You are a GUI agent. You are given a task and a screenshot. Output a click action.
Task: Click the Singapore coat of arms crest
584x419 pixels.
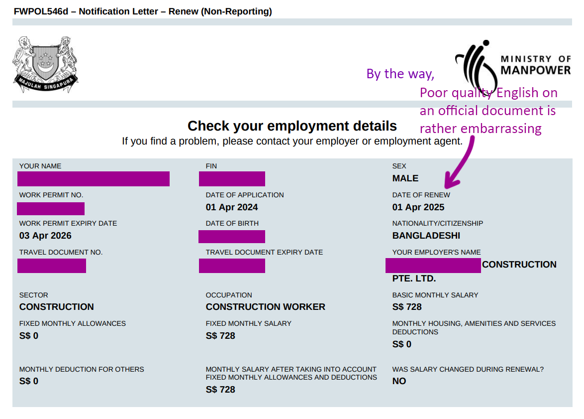click(x=45, y=64)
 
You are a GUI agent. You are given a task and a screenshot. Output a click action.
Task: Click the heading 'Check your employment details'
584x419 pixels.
click(x=292, y=126)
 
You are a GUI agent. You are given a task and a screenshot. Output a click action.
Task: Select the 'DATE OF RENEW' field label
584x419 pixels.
click(x=421, y=195)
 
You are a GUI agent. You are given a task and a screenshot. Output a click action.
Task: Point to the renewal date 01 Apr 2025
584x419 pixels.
click(x=418, y=207)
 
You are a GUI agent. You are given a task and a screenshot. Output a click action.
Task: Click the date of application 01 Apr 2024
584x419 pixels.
click(x=232, y=207)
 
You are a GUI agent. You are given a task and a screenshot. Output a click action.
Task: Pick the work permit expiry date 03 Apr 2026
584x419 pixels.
click(x=45, y=236)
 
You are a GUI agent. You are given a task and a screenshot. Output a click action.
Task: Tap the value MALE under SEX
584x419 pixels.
click(x=405, y=178)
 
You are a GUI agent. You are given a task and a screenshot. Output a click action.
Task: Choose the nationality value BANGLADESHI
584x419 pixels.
click(x=426, y=236)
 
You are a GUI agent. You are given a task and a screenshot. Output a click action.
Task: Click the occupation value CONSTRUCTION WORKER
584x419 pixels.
click(x=265, y=307)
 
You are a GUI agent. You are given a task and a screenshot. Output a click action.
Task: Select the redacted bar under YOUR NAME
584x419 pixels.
click(x=94, y=179)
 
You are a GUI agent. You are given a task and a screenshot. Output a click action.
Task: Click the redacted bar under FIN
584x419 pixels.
click(x=232, y=179)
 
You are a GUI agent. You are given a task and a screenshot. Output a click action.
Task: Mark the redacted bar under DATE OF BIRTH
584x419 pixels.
click(x=232, y=237)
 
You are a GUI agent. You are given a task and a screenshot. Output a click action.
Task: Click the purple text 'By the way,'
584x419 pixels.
click(x=400, y=74)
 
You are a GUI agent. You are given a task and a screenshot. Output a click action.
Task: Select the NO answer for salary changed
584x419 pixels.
click(x=399, y=381)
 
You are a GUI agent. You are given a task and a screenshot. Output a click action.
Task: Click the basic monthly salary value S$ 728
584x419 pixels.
click(x=406, y=307)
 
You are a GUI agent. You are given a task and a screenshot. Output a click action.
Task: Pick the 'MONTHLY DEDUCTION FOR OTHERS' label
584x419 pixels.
click(x=82, y=369)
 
